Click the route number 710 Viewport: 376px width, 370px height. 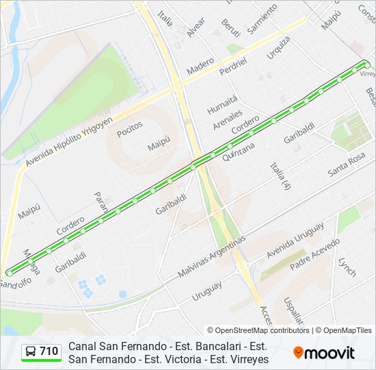click(x=49, y=351)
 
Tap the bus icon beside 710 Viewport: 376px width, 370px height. click(x=31, y=351)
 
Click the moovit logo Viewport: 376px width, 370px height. click(x=324, y=353)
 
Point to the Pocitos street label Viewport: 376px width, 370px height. click(x=129, y=129)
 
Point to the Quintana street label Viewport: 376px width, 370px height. click(x=238, y=150)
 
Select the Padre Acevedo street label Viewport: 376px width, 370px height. click(x=314, y=254)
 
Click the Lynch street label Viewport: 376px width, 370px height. click(x=347, y=267)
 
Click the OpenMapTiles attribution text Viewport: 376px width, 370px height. click(x=343, y=330)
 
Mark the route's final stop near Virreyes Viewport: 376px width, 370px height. click(x=366, y=64)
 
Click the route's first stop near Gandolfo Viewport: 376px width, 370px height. click(x=9, y=273)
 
